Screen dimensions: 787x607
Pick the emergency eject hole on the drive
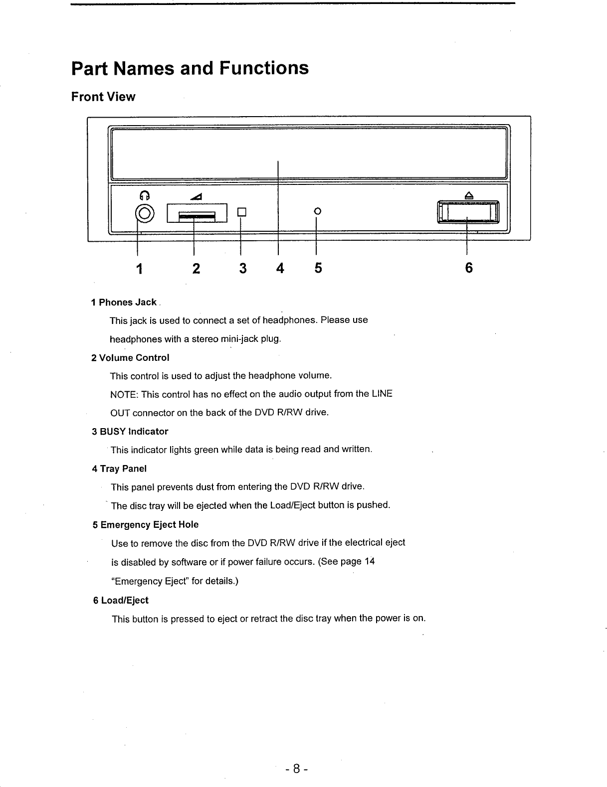(x=316, y=211)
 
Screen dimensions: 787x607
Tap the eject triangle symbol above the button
(x=468, y=196)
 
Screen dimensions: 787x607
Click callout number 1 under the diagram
(x=140, y=269)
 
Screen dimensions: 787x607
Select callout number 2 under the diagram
(x=196, y=269)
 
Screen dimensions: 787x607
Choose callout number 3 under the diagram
(x=242, y=269)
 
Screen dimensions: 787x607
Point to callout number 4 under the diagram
(x=280, y=269)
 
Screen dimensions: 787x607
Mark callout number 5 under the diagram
(x=318, y=269)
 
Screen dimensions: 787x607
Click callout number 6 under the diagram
(x=468, y=269)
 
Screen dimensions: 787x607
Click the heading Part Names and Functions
(x=190, y=68)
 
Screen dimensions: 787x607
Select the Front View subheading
(x=103, y=97)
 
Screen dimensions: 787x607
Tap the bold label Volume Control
(x=134, y=358)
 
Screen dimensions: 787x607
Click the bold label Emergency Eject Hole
(x=149, y=525)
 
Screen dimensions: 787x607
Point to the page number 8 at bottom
(x=296, y=769)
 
